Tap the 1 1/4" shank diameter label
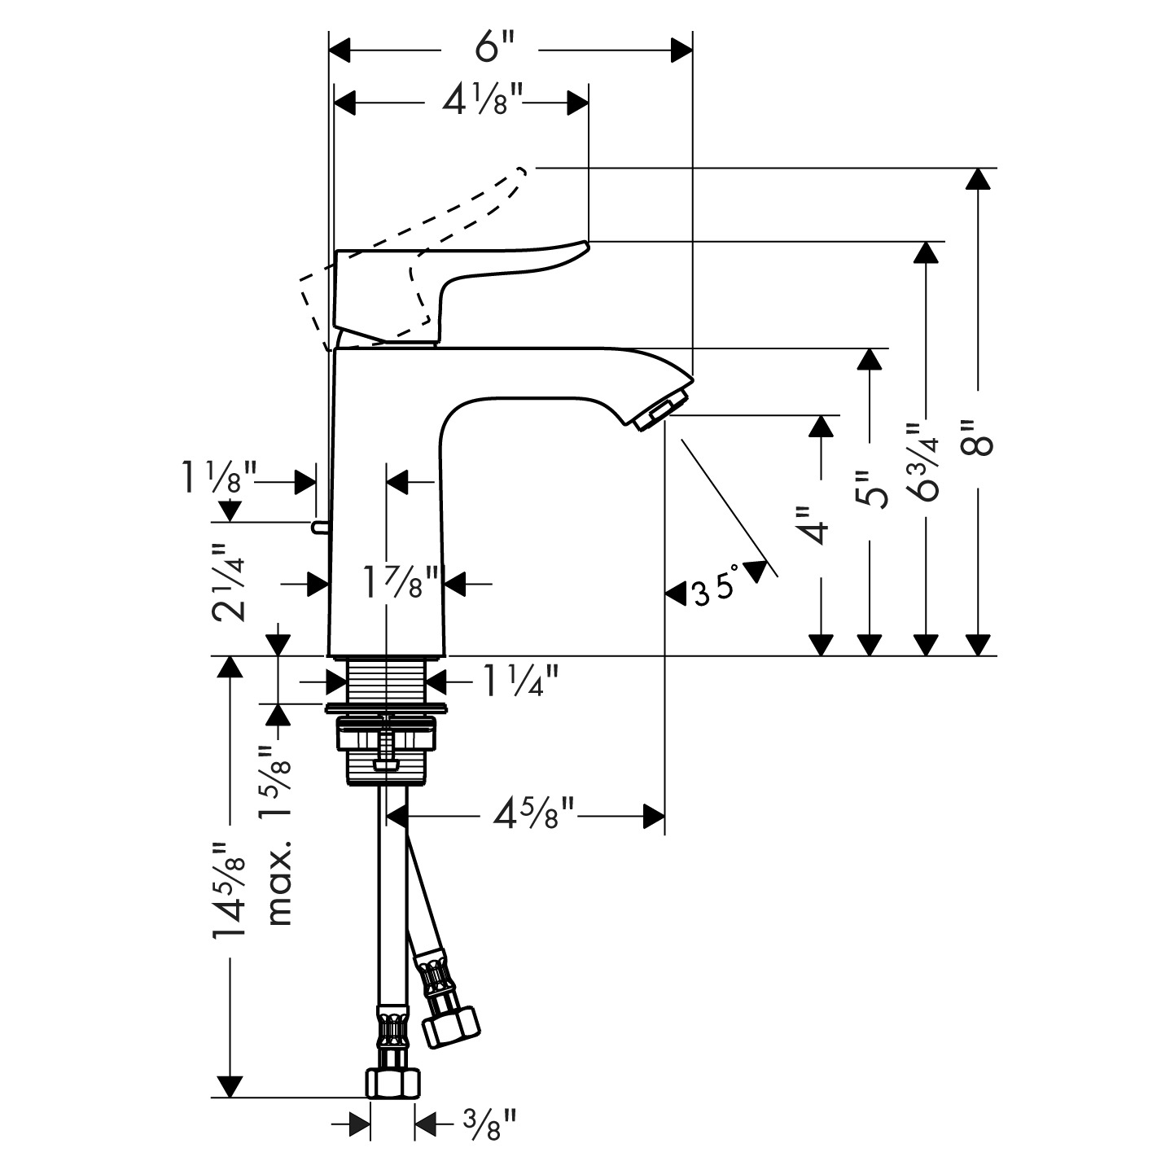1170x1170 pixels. click(521, 681)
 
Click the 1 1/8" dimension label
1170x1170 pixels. click(217, 480)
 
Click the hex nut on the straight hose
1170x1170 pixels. click(393, 1083)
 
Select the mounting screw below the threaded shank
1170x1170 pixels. click(386, 745)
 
